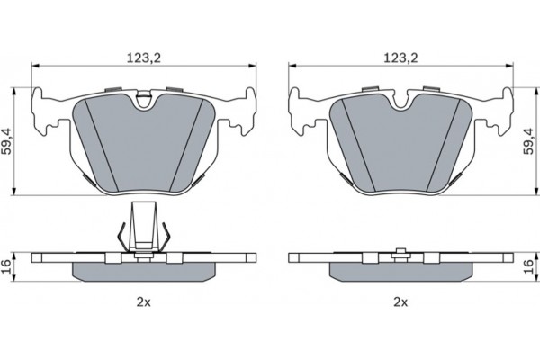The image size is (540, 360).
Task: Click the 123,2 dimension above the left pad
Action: [x=144, y=58]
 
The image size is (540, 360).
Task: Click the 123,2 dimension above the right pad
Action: [x=400, y=58]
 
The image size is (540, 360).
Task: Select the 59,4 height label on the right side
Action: [x=528, y=141]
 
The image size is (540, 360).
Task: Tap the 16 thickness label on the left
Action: [x=6, y=267]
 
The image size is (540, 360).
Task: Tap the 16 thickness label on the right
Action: [x=528, y=267]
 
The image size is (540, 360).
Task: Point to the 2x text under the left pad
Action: [x=144, y=302]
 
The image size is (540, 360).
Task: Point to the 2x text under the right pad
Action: [x=400, y=302]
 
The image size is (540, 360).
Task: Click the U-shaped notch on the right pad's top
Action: [x=400, y=103]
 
